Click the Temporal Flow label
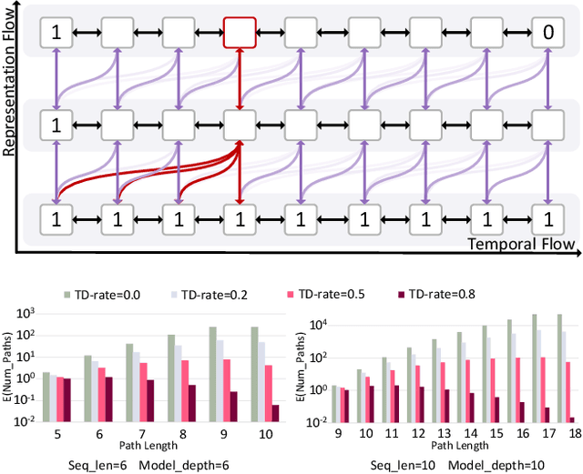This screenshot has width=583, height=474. coord(519,244)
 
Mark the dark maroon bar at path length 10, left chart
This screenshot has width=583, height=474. coord(276,412)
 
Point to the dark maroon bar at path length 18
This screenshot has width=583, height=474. coord(572,419)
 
